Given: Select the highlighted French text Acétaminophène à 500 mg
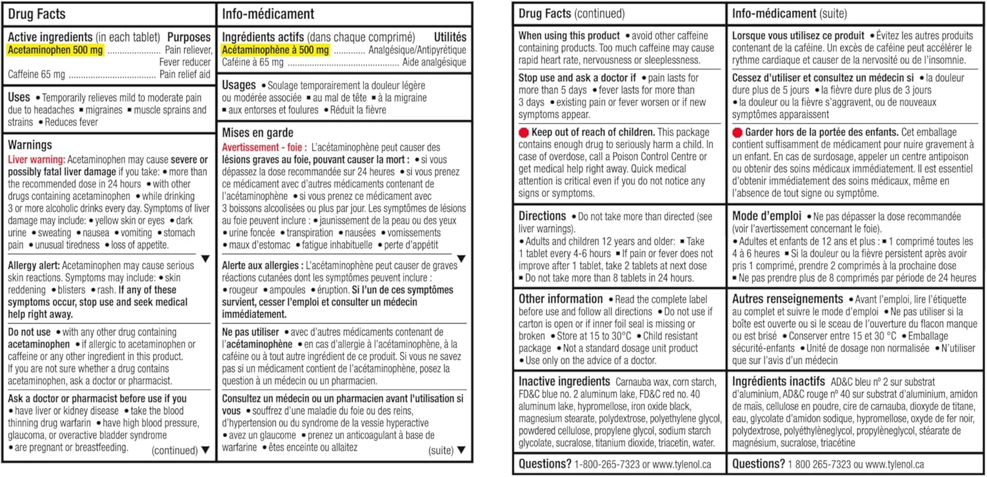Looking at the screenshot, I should pos(274,50).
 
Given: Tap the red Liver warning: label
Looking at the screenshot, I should pos(36,159).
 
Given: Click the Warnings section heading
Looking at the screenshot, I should pos(30,145).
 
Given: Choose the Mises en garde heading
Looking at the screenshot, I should pos(258,133).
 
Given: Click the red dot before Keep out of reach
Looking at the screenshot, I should pos(524,132).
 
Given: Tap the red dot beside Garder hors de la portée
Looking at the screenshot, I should pos(738,132).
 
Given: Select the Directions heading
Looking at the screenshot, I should pos(542,216).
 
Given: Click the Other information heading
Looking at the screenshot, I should pos(560,299).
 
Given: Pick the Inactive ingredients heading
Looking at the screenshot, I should pos(564,382).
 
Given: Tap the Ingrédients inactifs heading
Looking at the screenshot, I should pos(778,382).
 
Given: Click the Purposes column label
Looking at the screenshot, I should pos(189,37).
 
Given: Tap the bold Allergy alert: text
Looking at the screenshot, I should pos(36,266).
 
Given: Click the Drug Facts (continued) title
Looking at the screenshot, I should pos(572,13).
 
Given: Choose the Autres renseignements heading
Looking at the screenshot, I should pos(788,299).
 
